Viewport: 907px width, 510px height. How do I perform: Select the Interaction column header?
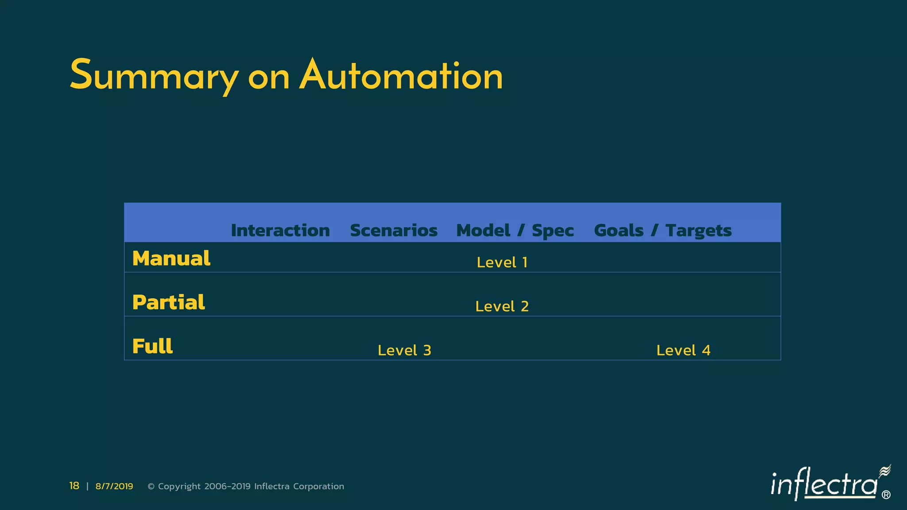pyautogui.click(x=280, y=231)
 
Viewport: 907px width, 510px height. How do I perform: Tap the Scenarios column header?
pyautogui.click(x=393, y=231)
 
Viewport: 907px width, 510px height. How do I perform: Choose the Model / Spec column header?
pyautogui.click(x=515, y=231)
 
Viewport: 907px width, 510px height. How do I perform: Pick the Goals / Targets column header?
pyautogui.click(x=663, y=231)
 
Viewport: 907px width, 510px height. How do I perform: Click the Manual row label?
pyautogui.click(x=171, y=259)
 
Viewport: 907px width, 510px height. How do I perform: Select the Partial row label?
pyautogui.click(x=168, y=302)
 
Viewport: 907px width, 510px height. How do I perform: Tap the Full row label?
pyautogui.click(x=152, y=346)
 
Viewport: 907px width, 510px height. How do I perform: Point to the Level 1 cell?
pyautogui.click(x=502, y=263)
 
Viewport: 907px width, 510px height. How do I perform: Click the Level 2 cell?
pyautogui.click(x=502, y=306)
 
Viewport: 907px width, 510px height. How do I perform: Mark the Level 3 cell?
pyautogui.click(x=404, y=351)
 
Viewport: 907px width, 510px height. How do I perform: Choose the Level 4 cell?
pyautogui.click(x=683, y=351)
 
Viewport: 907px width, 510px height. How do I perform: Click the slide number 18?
pyautogui.click(x=74, y=486)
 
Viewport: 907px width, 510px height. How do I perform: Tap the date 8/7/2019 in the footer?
pyautogui.click(x=114, y=487)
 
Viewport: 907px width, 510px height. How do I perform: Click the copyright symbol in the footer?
pyautogui.click(x=151, y=487)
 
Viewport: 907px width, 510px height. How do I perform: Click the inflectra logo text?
pyautogui.click(x=824, y=485)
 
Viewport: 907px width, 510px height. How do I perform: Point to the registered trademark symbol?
pyautogui.click(x=886, y=495)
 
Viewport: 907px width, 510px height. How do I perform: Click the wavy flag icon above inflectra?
pyautogui.click(x=884, y=471)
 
